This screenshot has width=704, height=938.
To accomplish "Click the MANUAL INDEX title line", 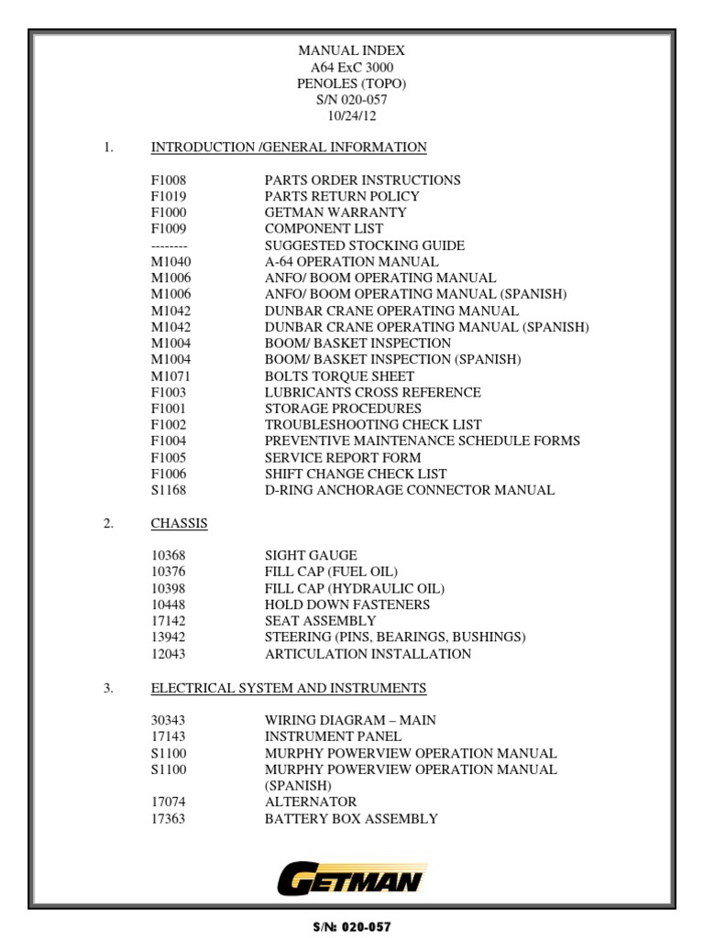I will pos(352,51).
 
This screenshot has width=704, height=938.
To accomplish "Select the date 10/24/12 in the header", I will pos(352,116).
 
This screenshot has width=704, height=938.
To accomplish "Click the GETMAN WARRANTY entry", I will pos(335,213).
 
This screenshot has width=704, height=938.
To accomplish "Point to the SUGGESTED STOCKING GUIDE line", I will pos(364,245).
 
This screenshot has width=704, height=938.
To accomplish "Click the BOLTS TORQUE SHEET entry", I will pos(339,376).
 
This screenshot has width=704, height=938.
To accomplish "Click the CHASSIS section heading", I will pos(179,524).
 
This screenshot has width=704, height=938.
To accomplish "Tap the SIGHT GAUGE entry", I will pos(311,556).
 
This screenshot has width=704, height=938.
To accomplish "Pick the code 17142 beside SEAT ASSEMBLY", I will pos(169,621).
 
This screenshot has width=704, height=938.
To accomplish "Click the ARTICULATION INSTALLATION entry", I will pos(368,654).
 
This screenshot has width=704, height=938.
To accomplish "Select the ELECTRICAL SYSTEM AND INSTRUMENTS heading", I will pos(288,688).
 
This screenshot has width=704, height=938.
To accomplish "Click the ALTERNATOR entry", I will pos(311,802).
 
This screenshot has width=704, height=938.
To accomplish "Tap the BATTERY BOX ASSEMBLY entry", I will pos(351,819).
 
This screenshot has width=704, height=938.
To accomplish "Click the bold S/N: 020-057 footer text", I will pos(352,927).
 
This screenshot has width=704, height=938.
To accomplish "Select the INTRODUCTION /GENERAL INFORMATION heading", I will pos(288,147).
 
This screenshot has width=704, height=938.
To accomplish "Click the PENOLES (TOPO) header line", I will pos(352,83).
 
